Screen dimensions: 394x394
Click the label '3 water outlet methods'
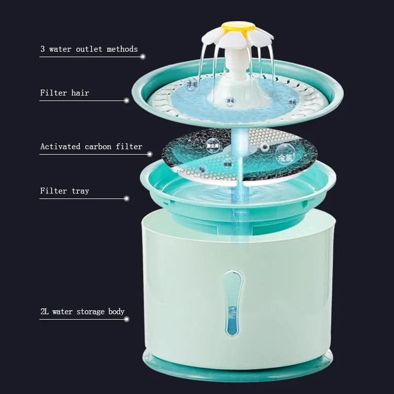[89, 49]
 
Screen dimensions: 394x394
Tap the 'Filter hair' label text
[65, 93]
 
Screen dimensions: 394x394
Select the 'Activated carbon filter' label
[91, 146]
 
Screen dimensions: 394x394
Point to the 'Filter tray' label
[65, 191]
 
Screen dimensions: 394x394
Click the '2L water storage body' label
[82, 311]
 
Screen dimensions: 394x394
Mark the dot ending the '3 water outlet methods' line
[143, 57]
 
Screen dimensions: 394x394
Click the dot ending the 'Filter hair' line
[127, 100]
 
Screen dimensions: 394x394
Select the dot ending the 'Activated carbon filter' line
[150, 154]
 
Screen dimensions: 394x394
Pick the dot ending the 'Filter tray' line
[127, 198]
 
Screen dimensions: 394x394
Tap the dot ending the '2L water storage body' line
[127, 319]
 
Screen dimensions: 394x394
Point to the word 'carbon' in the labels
[99, 146]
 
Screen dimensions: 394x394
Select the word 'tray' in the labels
[80, 191]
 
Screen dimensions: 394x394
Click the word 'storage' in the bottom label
[91, 312]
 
